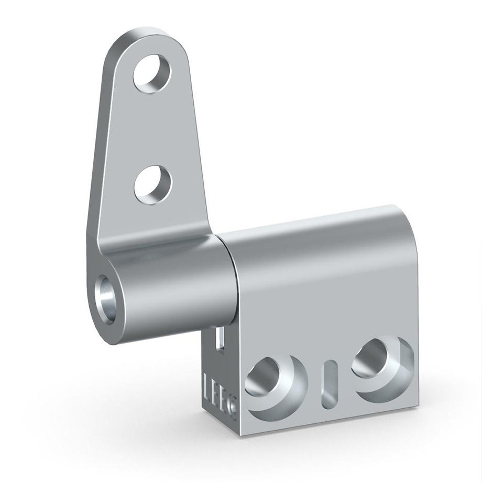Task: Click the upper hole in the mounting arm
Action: [152, 75]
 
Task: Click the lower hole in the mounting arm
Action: [152, 185]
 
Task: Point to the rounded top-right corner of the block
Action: [406, 215]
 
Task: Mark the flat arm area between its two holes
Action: [152, 131]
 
